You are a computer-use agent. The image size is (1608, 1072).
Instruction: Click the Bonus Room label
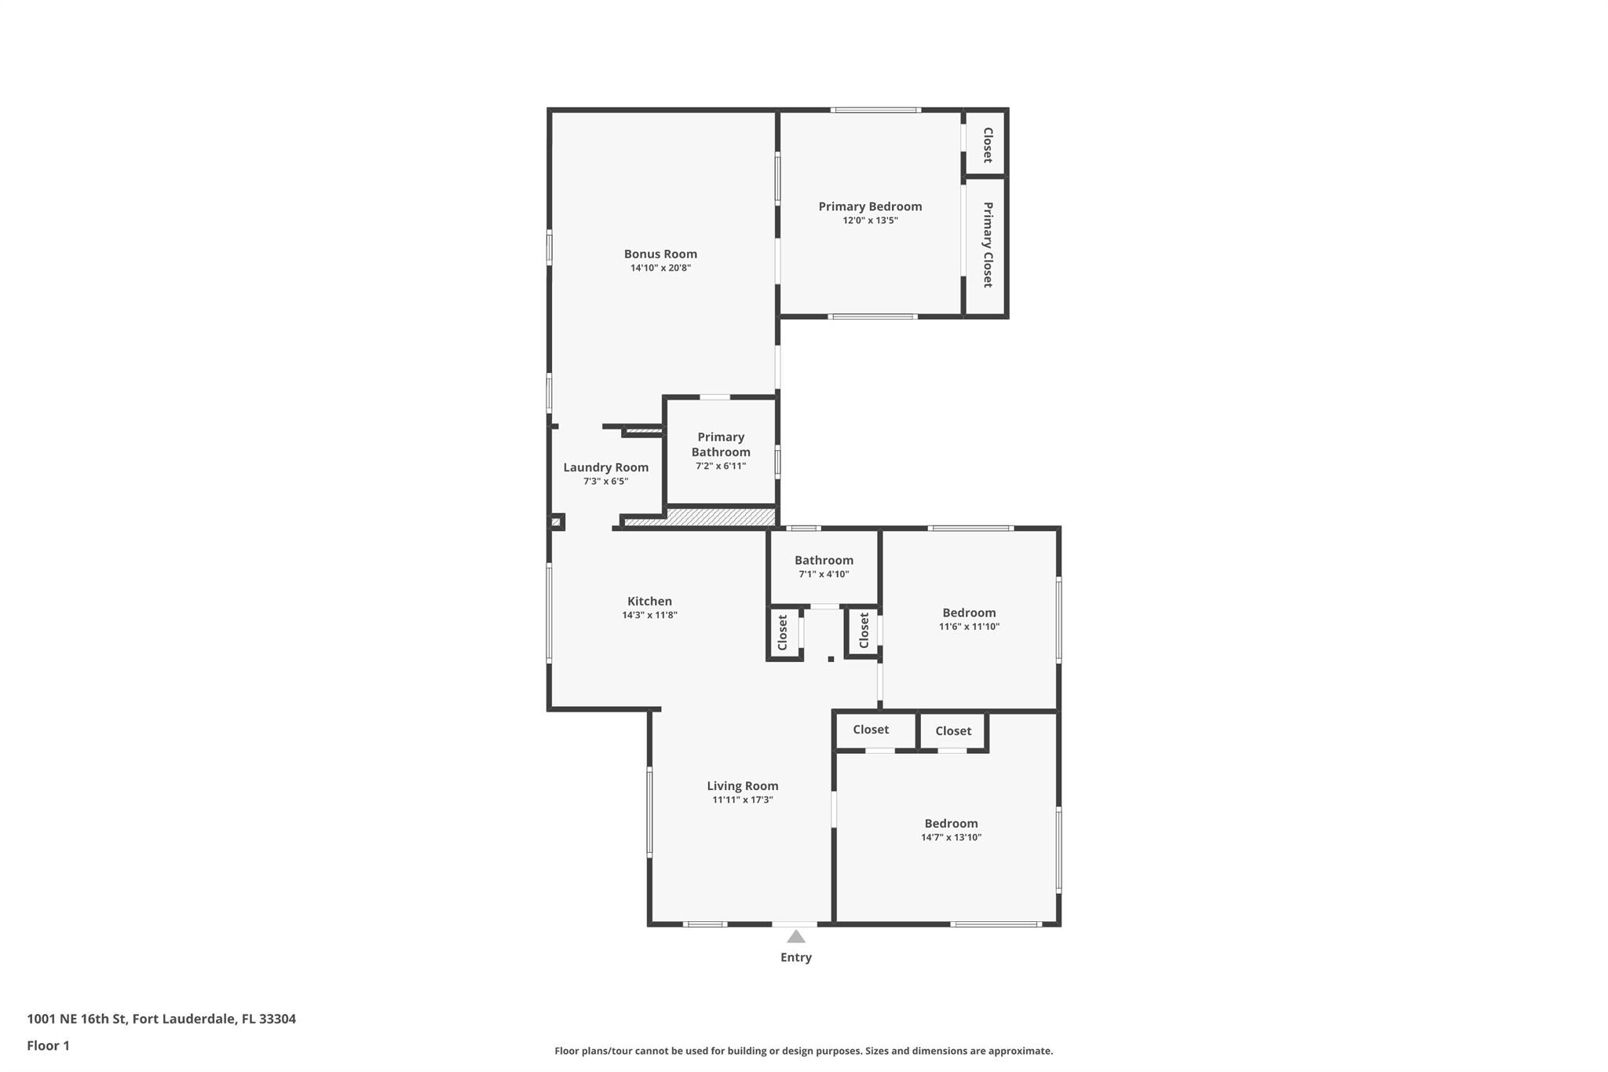click(x=660, y=254)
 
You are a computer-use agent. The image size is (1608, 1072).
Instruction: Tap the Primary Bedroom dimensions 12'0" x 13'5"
click(x=870, y=221)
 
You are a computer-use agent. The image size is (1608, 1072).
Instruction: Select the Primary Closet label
click(x=988, y=244)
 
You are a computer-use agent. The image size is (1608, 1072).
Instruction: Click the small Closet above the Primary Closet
click(x=988, y=145)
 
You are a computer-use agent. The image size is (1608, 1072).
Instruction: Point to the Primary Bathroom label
click(x=720, y=445)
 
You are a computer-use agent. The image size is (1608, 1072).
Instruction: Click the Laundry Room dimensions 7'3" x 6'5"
click(x=605, y=481)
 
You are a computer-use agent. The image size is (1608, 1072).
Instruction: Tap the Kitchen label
click(x=649, y=602)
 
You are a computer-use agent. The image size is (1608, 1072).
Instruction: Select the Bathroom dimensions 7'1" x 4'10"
click(x=824, y=574)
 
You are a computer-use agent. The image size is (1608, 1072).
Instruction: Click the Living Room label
click(x=742, y=786)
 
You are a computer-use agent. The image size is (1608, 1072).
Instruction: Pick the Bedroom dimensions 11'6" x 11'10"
click(x=969, y=627)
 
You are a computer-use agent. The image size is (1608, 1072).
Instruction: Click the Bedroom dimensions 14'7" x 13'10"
click(x=951, y=837)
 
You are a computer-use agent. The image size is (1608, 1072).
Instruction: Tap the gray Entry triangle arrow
click(x=796, y=936)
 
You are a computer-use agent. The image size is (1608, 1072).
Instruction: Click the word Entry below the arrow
click(x=795, y=957)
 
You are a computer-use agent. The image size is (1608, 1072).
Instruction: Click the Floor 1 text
click(x=48, y=1045)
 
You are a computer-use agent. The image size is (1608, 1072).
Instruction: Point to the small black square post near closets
click(x=831, y=659)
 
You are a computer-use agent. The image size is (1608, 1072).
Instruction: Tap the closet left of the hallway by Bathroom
click(x=783, y=632)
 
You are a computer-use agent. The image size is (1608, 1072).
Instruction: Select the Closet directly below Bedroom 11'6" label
click(x=953, y=731)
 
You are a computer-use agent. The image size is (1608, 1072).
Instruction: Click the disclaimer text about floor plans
click(x=803, y=1051)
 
